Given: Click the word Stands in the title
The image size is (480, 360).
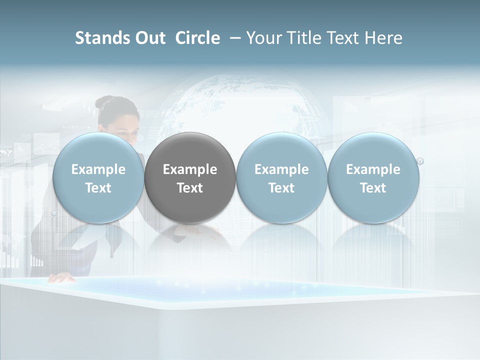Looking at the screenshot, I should point(99,38).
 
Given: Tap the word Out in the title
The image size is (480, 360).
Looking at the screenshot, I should point(149,38).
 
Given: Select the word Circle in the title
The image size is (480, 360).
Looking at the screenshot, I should point(197,38).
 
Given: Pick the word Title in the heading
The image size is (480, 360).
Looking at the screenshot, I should point(304,38).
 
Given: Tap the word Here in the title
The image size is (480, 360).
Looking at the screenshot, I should point(383,38).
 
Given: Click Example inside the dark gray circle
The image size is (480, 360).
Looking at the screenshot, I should point(190,169).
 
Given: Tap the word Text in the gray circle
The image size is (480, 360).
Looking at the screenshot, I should point(190,188).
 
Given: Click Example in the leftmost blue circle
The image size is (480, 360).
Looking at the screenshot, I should point(98,169).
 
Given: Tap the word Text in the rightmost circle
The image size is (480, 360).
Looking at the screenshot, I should point(373,188).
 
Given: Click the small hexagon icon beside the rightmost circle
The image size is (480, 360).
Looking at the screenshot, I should point(420,161).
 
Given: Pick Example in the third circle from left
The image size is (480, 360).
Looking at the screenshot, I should point(281,169).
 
